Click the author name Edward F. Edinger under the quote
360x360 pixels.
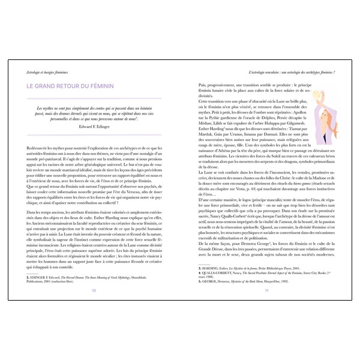[95, 128]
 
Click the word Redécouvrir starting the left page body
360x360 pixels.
[40, 146]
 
